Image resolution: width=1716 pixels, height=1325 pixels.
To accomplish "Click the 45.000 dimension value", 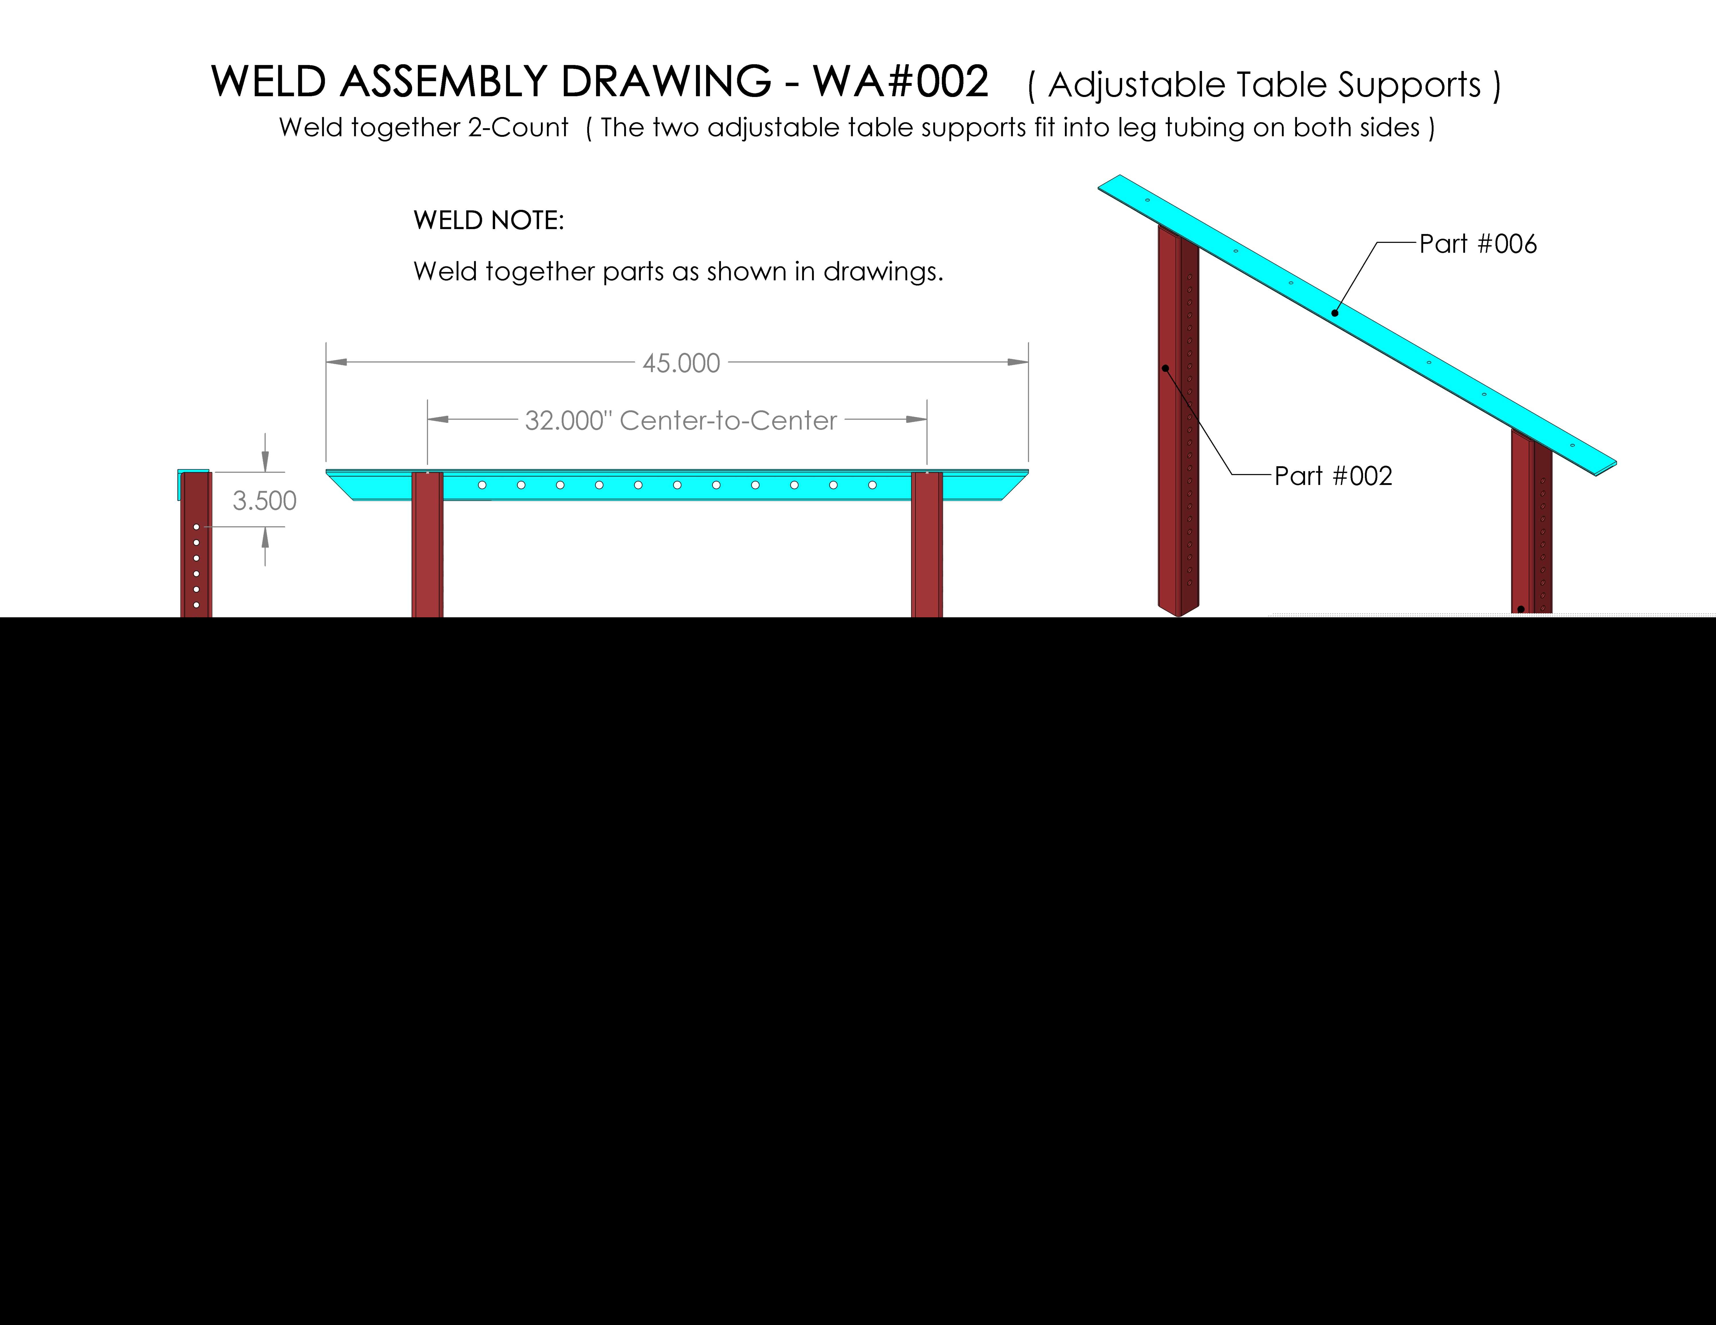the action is coord(681,363).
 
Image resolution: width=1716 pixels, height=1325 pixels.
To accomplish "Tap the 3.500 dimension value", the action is coord(265,500).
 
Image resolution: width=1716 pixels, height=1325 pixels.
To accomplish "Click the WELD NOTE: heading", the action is coord(489,220).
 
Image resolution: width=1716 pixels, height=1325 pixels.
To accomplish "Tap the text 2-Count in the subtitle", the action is coord(518,127).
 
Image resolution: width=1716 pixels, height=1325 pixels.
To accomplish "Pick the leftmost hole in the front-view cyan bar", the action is coord(483,485).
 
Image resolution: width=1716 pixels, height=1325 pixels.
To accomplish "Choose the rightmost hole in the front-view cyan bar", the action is coord(872,485).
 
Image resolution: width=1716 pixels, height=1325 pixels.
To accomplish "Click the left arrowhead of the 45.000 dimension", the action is coord(336,362).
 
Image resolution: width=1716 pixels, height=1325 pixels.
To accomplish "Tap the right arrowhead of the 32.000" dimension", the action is coord(916,419).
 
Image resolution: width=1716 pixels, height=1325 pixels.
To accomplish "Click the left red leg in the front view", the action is coord(428,544).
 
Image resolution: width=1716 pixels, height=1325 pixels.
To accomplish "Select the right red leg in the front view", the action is coord(927,544).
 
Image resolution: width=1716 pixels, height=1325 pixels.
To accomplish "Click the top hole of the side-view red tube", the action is coord(196,527).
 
